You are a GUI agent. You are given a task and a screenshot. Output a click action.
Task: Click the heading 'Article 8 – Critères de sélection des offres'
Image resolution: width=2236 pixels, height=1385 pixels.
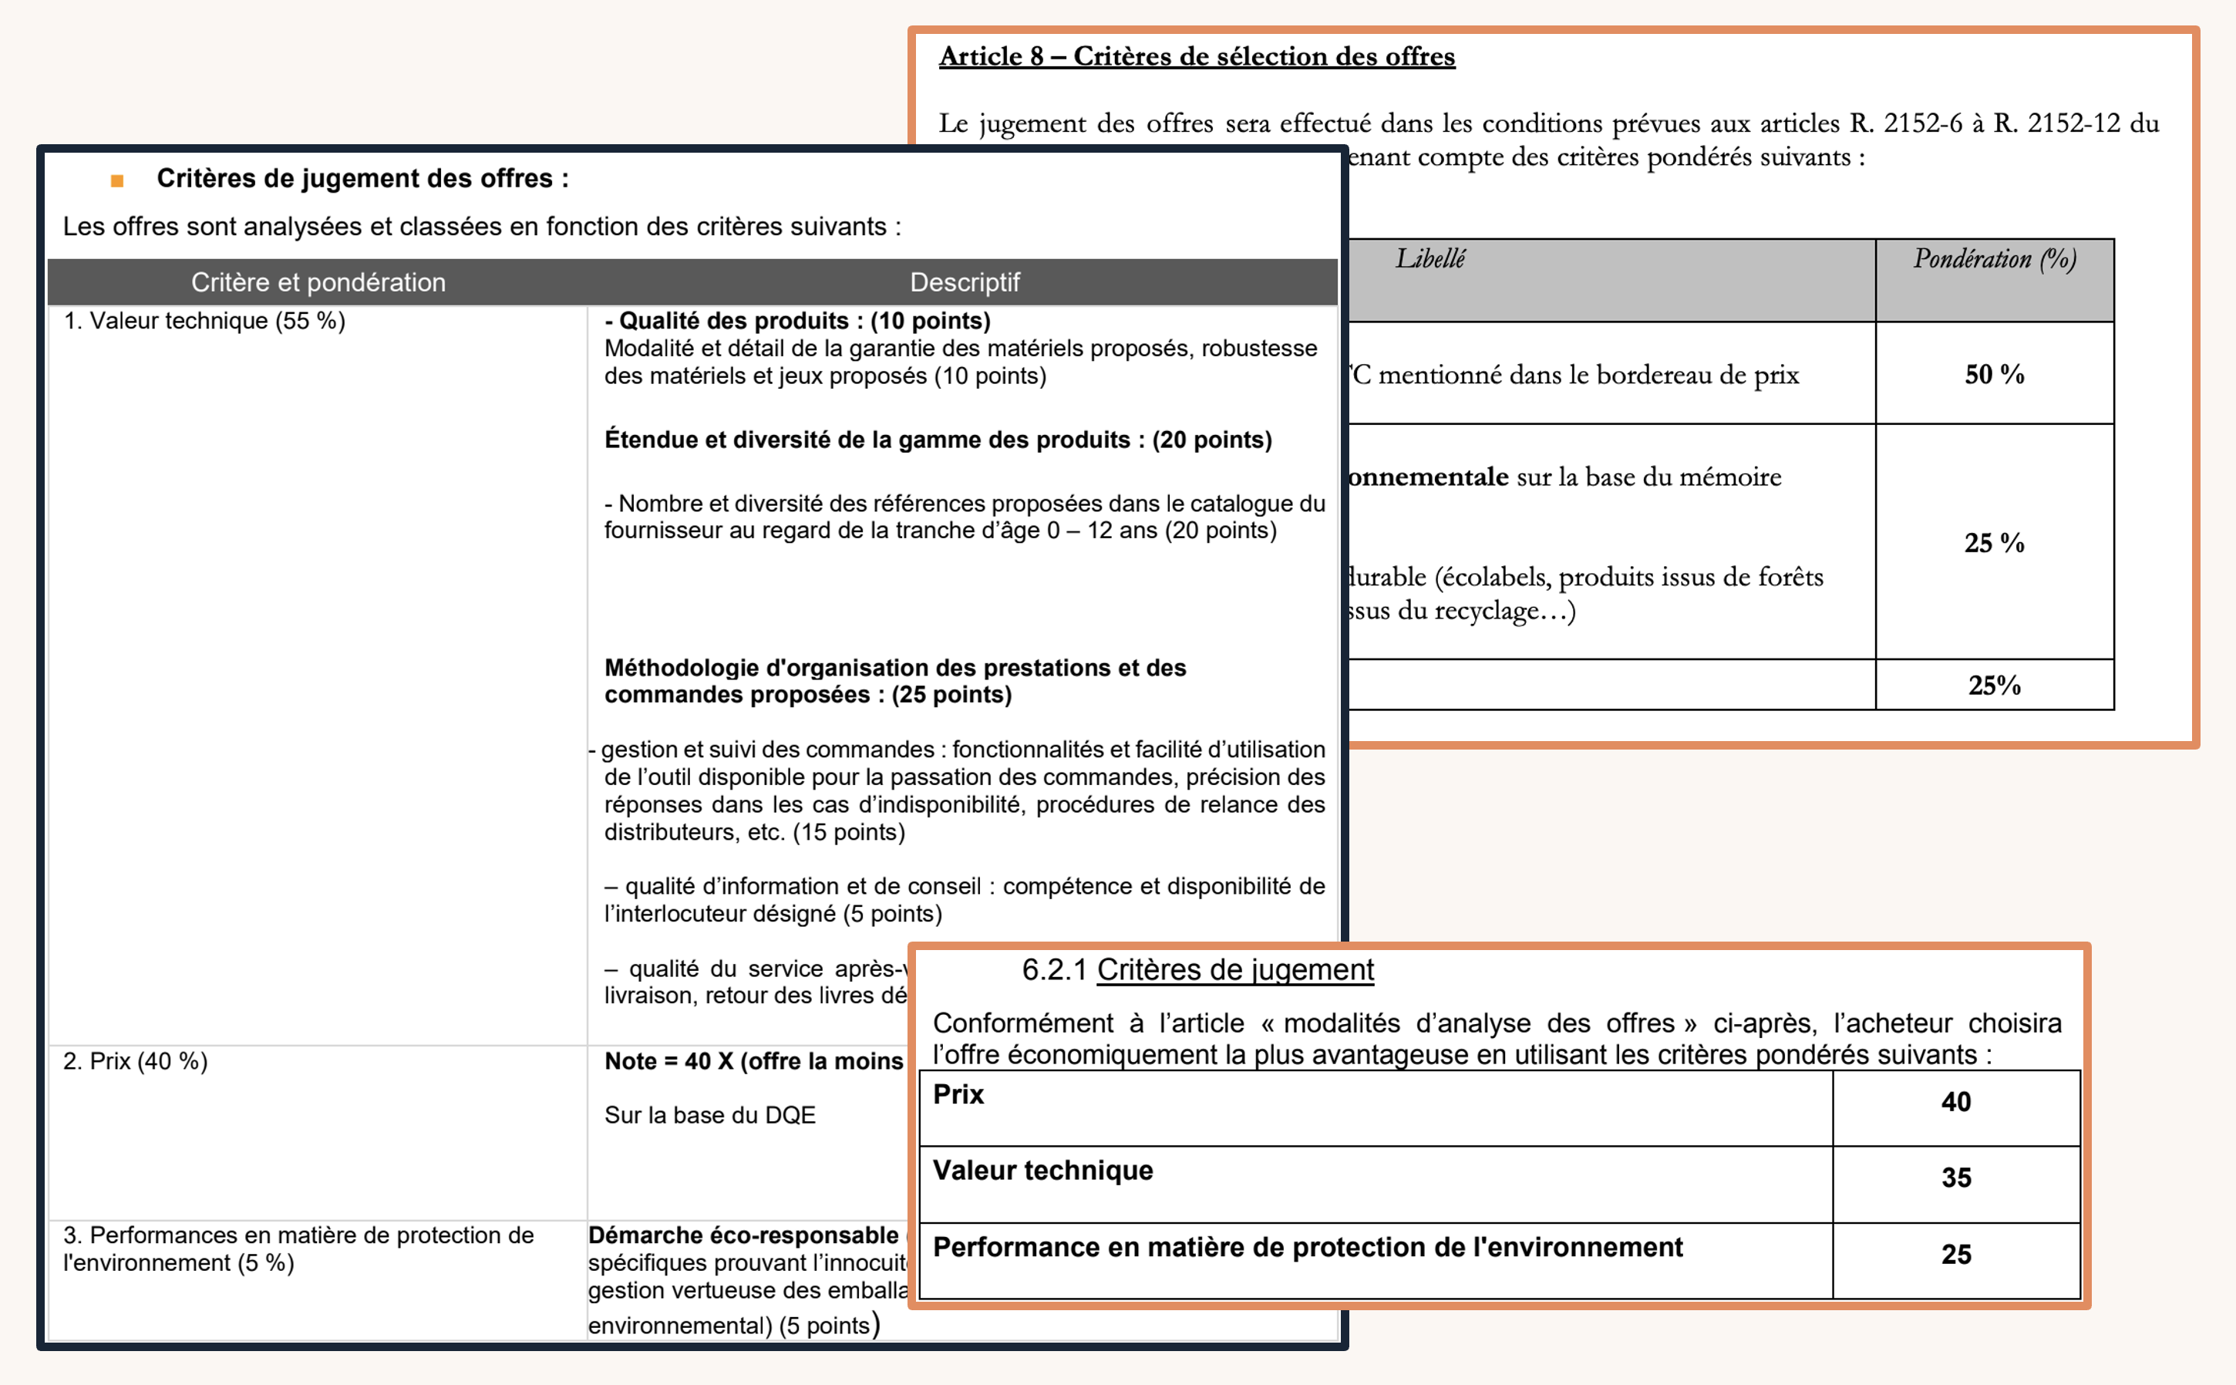click(1196, 57)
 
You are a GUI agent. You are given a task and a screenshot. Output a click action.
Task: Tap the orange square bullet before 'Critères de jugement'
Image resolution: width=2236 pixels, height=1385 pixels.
click(117, 180)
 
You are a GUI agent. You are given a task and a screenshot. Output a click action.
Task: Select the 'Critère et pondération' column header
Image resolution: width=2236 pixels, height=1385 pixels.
click(318, 282)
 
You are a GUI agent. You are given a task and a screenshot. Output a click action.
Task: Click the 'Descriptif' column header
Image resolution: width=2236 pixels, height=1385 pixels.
click(964, 282)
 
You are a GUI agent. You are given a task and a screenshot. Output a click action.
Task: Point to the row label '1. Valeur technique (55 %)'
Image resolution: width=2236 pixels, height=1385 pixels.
click(204, 322)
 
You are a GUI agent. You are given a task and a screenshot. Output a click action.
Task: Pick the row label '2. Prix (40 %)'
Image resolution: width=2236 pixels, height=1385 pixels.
click(136, 1061)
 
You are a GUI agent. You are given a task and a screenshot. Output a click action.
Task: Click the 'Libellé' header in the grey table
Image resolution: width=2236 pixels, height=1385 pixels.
click(1429, 259)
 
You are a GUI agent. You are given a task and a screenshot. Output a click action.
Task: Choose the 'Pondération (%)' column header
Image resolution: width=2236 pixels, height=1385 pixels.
click(1994, 259)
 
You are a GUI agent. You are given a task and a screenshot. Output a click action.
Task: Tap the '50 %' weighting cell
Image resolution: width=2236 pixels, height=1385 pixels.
click(1993, 374)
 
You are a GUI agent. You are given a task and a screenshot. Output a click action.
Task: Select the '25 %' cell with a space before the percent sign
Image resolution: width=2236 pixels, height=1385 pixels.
click(1993, 542)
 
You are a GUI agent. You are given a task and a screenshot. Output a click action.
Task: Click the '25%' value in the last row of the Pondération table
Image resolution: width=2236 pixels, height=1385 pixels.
click(1993, 685)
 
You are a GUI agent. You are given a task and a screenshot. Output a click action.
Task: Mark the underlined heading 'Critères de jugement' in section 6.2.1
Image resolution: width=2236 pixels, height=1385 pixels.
click(1235, 969)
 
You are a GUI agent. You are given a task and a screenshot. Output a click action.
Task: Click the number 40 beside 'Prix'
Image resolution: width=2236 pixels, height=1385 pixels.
click(1956, 1102)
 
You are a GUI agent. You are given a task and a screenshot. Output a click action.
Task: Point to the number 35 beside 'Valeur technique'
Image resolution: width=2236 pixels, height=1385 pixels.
click(1956, 1178)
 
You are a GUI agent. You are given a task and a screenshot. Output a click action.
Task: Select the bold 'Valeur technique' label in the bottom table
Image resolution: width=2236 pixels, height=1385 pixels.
click(1043, 1171)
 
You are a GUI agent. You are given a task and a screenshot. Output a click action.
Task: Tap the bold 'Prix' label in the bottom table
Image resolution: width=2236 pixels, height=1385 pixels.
click(958, 1094)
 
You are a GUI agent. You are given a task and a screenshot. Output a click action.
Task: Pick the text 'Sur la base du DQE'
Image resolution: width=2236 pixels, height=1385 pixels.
click(709, 1115)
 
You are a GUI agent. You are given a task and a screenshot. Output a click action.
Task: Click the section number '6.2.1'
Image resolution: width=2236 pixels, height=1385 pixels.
click(1054, 969)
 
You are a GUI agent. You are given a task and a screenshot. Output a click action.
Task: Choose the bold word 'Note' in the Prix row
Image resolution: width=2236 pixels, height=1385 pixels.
click(630, 1061)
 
